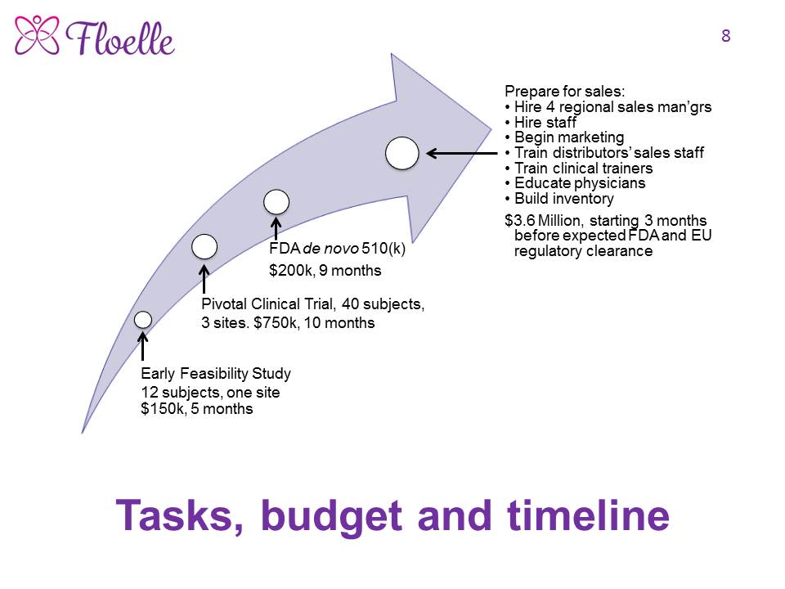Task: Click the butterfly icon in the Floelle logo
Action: tap(37, 34)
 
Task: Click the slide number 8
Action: tap(726, 36)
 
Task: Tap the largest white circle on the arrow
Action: tap(402, 153)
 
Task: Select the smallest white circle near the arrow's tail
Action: tap(142, 320)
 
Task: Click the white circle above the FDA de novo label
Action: tap(276, 202)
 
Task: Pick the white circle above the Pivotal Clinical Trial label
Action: tap(204, 246)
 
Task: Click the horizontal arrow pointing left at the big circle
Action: tap(461, 153)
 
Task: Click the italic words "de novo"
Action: tap(330, 249)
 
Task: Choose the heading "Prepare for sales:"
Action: tap(565, 91)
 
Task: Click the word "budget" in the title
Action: tap(331, 516)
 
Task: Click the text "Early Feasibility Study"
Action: tap(216, 374)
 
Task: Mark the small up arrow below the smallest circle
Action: tap(142, 346)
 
